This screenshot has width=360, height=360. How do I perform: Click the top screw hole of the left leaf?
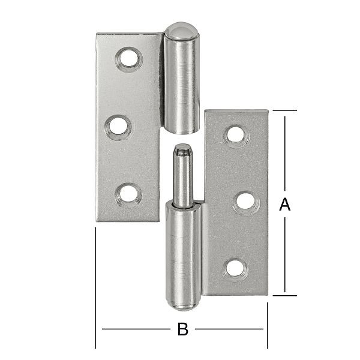[x=128, y=59]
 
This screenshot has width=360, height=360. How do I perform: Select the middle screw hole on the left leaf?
[x=118, y=127]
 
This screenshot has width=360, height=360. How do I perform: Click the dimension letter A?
[x=285, y=205]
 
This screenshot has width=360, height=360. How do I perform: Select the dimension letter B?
[x=182, y=329]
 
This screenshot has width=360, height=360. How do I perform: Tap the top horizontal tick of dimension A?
[x=284, y=110]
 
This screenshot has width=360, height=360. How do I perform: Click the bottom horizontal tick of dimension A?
[x=284, y=295]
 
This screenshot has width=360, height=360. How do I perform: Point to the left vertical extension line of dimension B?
[x=95, y=288]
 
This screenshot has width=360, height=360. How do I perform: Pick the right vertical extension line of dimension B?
[x=268, y=324]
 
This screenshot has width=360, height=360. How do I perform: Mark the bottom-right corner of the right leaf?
[x=268, y=294]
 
